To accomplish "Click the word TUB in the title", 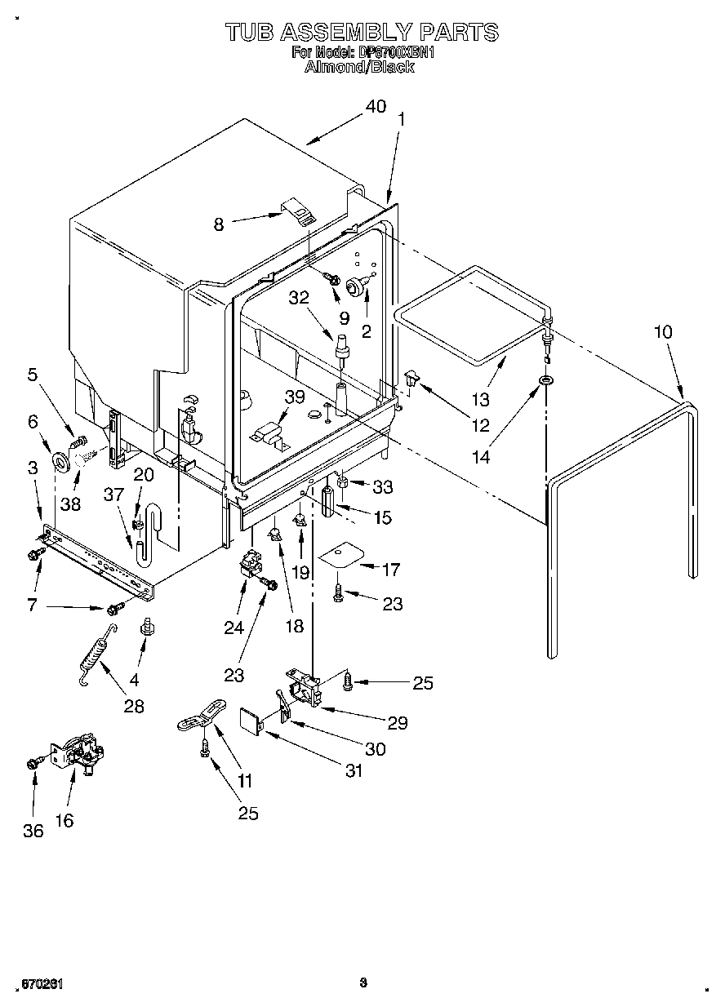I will coord(249,32).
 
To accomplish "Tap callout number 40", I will coord(375,107).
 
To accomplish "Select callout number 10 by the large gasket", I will coord(663,332).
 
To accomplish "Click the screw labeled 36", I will coord(33,762).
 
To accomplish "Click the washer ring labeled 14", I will coord(545,380).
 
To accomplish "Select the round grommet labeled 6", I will coord(60,463).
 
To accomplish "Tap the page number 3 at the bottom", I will coord(362,983).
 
